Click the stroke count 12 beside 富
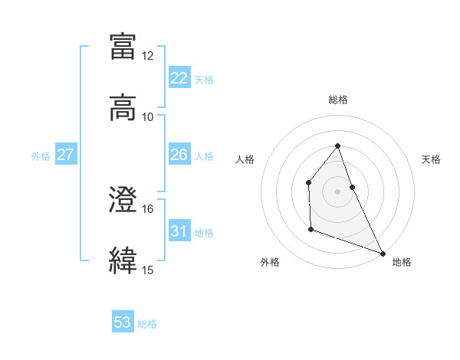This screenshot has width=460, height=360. point(148,56)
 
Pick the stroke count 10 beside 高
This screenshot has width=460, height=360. point(148,116)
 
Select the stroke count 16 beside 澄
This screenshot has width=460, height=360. point(148,208)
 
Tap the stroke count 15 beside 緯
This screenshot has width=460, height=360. point(148,269)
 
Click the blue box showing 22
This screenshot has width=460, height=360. point(179,78)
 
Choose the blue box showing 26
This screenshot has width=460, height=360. point(179,155)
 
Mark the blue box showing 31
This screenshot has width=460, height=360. point(179,231)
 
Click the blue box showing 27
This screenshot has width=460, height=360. point(66,155)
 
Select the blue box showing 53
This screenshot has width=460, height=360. point(123,322)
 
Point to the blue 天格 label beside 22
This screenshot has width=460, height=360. point(204,79)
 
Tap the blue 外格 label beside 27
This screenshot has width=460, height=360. point(41,155)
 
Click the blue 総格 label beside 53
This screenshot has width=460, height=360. point(147,323)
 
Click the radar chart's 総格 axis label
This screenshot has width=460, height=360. point(338,100)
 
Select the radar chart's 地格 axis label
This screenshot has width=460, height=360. point(402,262)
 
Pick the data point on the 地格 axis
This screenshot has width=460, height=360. point(383,253)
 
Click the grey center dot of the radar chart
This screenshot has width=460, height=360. point(338,191)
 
